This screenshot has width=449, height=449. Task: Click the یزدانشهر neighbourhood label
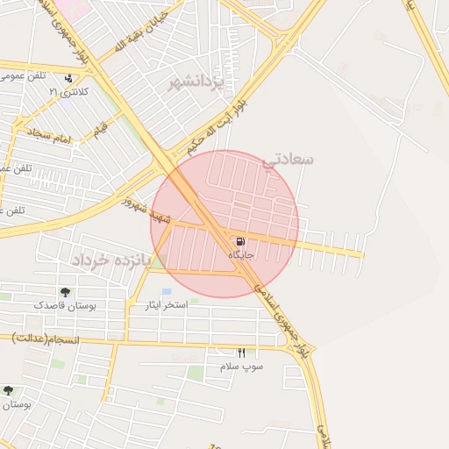[x=197, y=83]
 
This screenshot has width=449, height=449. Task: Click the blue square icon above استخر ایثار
[x=166, y=291]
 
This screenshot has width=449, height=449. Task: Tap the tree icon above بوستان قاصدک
[x=66, y=292]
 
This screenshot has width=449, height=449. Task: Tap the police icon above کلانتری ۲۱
[x=68, y=78]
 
